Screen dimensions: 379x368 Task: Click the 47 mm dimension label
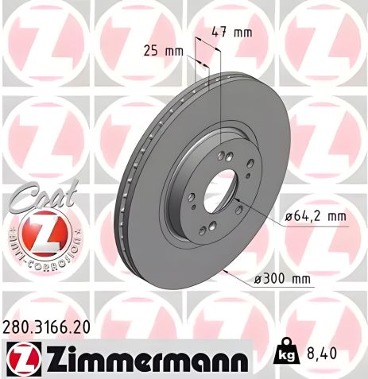click(231, 33)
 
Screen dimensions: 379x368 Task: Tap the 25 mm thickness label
click(162, 51)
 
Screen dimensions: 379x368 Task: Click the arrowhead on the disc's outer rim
click(227, 271)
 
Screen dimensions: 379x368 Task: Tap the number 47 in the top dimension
click(220, 33)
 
